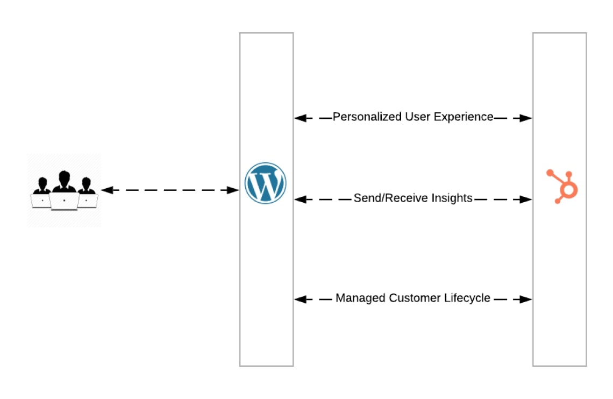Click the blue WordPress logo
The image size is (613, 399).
tap(266, 183)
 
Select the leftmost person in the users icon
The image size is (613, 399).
tap(41, 186)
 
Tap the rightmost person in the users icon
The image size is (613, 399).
tap(87, 186)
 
